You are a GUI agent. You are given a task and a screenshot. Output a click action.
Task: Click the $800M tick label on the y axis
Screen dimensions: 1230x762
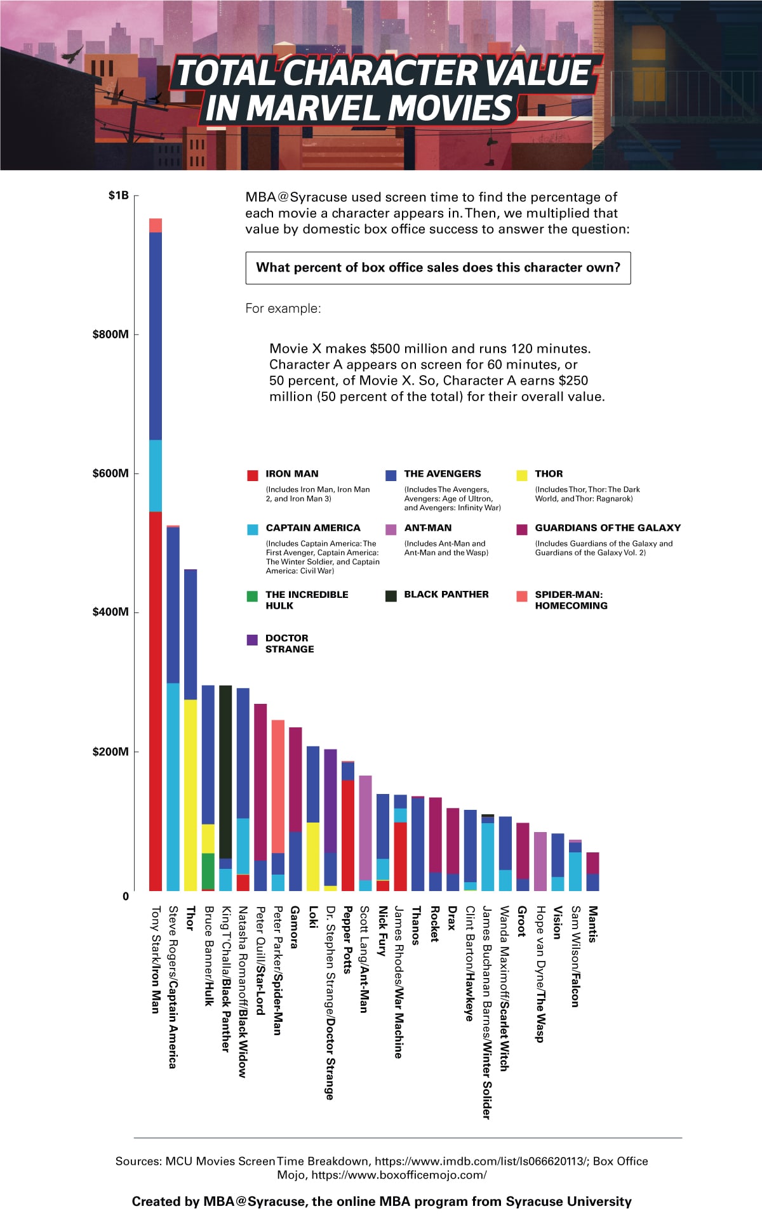click(x=110, y=334)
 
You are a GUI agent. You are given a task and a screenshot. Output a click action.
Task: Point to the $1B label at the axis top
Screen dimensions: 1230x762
click(x=118, y=195)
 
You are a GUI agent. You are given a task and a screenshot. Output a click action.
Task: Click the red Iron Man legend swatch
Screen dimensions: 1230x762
click(x=252, y=475)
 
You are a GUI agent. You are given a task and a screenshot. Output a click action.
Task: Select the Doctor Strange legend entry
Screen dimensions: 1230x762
click(x=289, y=644)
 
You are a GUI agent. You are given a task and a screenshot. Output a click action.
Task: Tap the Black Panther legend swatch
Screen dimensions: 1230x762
click(x=391, y=595)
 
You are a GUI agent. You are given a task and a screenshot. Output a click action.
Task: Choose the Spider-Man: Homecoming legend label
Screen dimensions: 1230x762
click(x=570, y=600)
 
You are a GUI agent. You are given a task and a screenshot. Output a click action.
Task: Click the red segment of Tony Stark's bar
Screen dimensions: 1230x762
click(x=156, y=698)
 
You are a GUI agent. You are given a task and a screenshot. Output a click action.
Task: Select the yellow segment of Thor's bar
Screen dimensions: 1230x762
click(x=190, y=793)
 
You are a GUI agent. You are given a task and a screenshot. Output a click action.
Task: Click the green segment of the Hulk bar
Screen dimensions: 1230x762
click(x=208, y=871)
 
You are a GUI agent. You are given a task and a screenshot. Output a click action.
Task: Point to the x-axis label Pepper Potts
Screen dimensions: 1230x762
click(x=347, y=940)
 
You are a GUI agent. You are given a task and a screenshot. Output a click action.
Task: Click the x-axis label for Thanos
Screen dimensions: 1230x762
click(x=416, y=926)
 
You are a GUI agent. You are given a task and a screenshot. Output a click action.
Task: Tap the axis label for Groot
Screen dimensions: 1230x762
click(x=521, y=922)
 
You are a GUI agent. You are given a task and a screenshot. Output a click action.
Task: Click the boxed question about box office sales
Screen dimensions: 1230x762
click(x=438, y=268)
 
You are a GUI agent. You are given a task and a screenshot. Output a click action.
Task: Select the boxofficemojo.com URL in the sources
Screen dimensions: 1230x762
click(x=399, y=1175)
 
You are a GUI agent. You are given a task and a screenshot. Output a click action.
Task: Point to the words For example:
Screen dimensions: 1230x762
click(x=283, y=308)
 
